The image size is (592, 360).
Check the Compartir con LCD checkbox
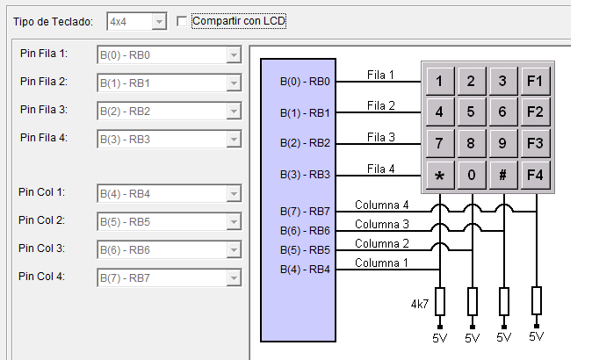182,21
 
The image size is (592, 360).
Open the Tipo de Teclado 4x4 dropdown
137,21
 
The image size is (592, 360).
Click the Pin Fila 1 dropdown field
170,55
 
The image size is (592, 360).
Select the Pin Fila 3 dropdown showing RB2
170,112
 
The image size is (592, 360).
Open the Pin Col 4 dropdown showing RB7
170,278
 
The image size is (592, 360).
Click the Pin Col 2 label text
41,220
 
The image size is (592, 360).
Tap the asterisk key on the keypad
439,175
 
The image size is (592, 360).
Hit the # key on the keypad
502,175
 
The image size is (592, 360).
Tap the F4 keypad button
535,175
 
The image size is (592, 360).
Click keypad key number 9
502,143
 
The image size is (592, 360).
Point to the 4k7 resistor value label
420,304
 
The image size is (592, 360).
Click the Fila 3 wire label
381,137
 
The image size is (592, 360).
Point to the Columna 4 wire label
382,205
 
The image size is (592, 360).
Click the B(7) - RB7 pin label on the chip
305,212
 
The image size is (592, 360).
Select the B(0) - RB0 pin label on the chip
305,82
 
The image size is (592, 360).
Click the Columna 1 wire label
381,263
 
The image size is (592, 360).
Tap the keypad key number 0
471,175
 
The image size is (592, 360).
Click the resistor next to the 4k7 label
440,301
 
